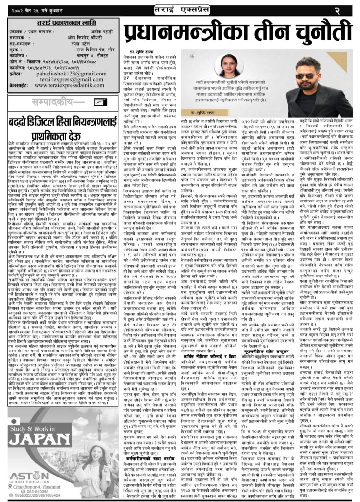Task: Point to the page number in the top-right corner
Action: pos(350,10)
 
